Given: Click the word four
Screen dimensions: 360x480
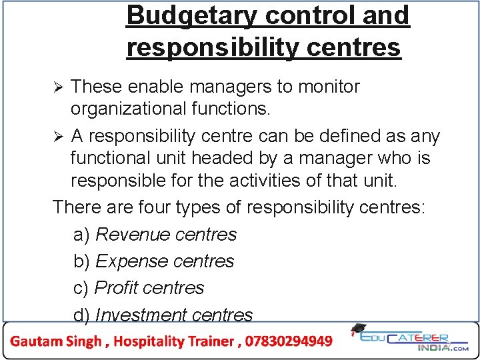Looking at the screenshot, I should click(153, 207).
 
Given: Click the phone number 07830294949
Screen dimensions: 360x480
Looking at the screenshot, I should click(289, 341).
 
